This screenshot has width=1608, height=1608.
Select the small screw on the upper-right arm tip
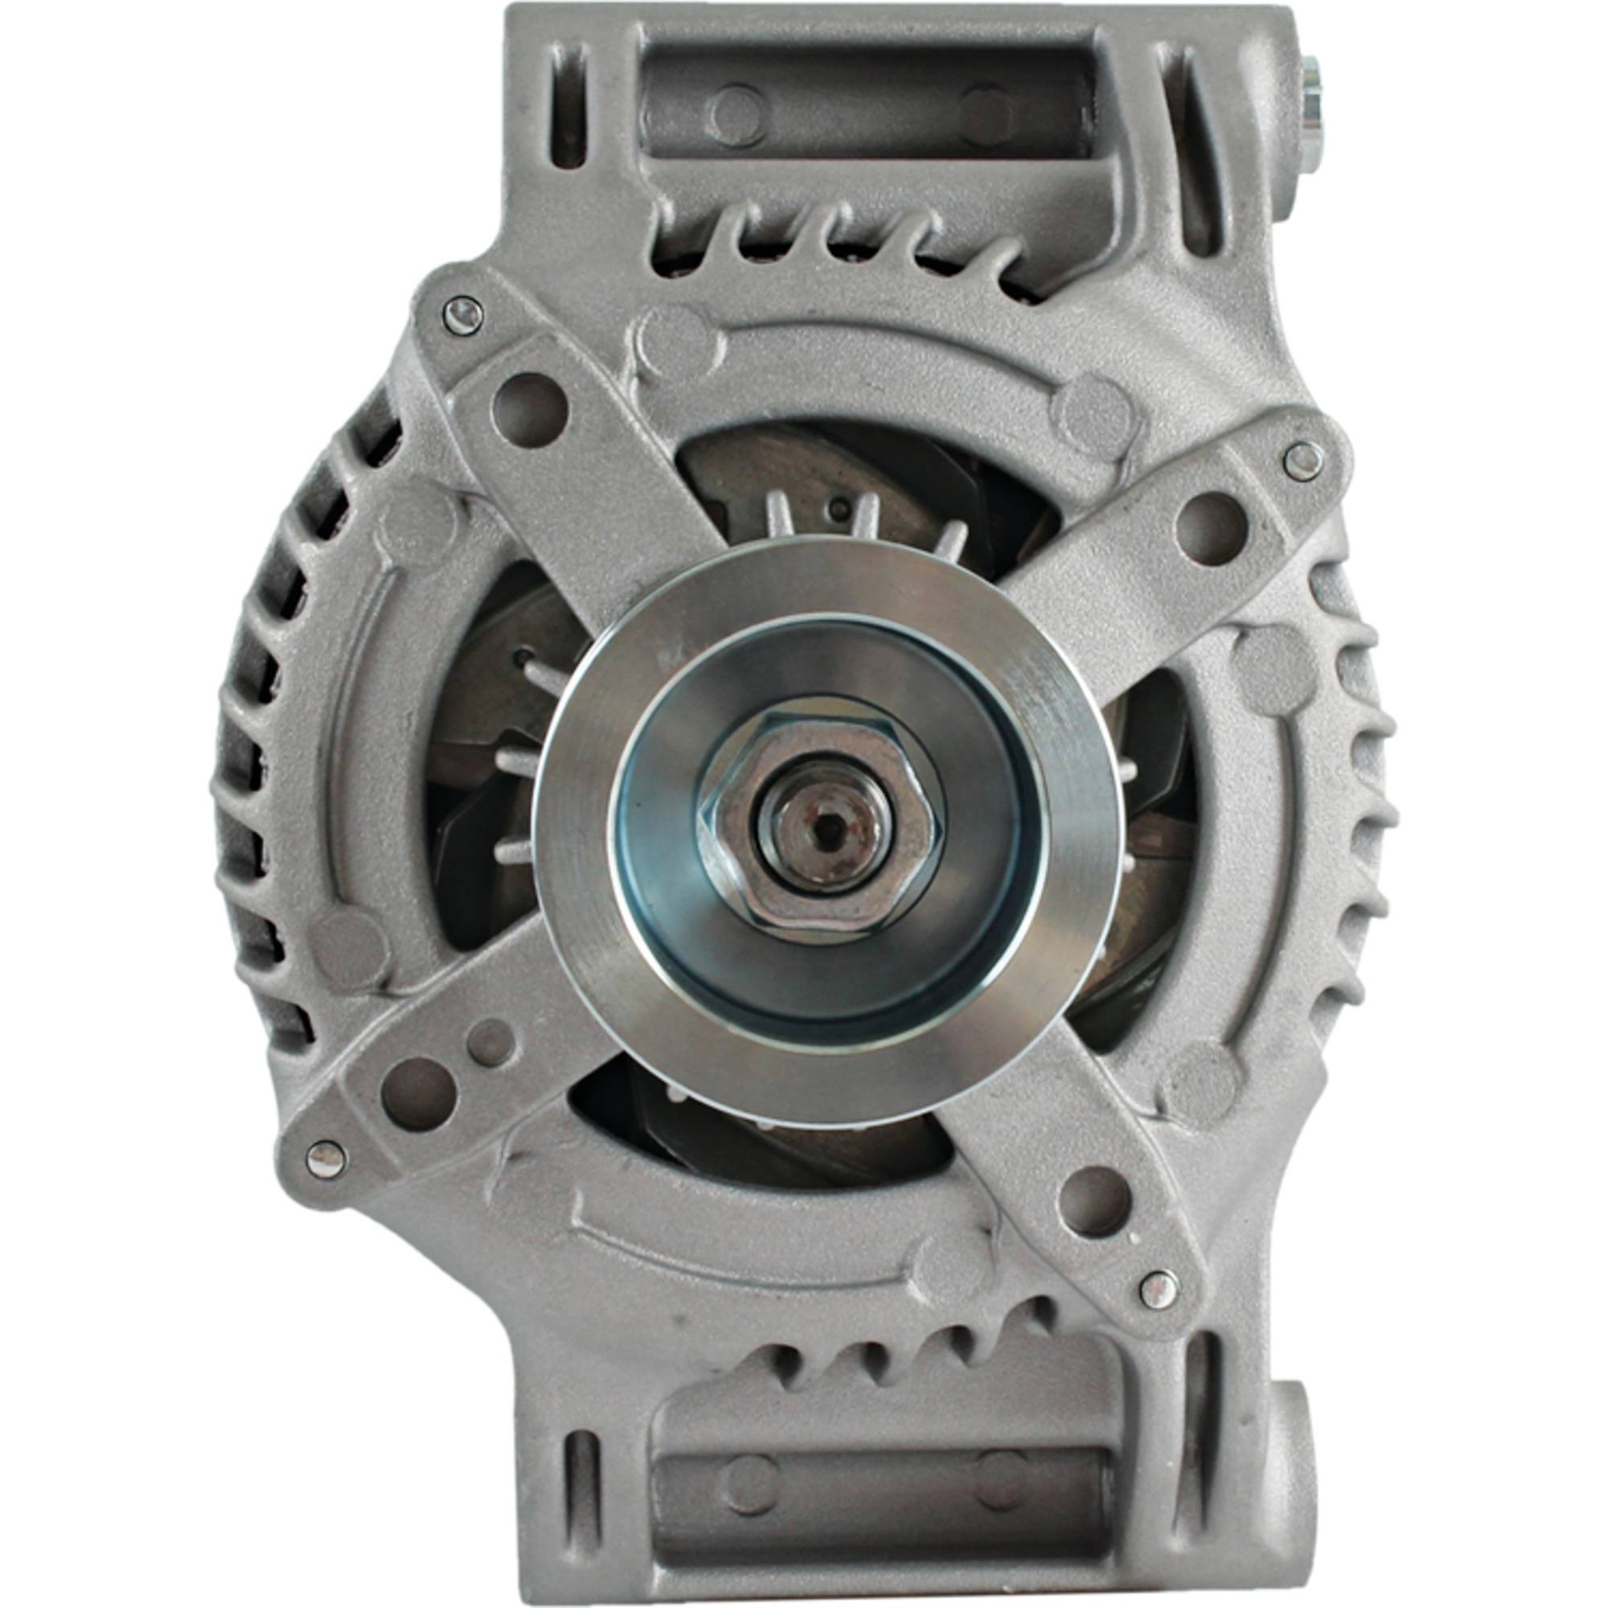pyautogui.click(x=1302, y=459)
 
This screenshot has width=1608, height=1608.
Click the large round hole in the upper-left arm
pyautogui.click(x=529, y=410)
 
